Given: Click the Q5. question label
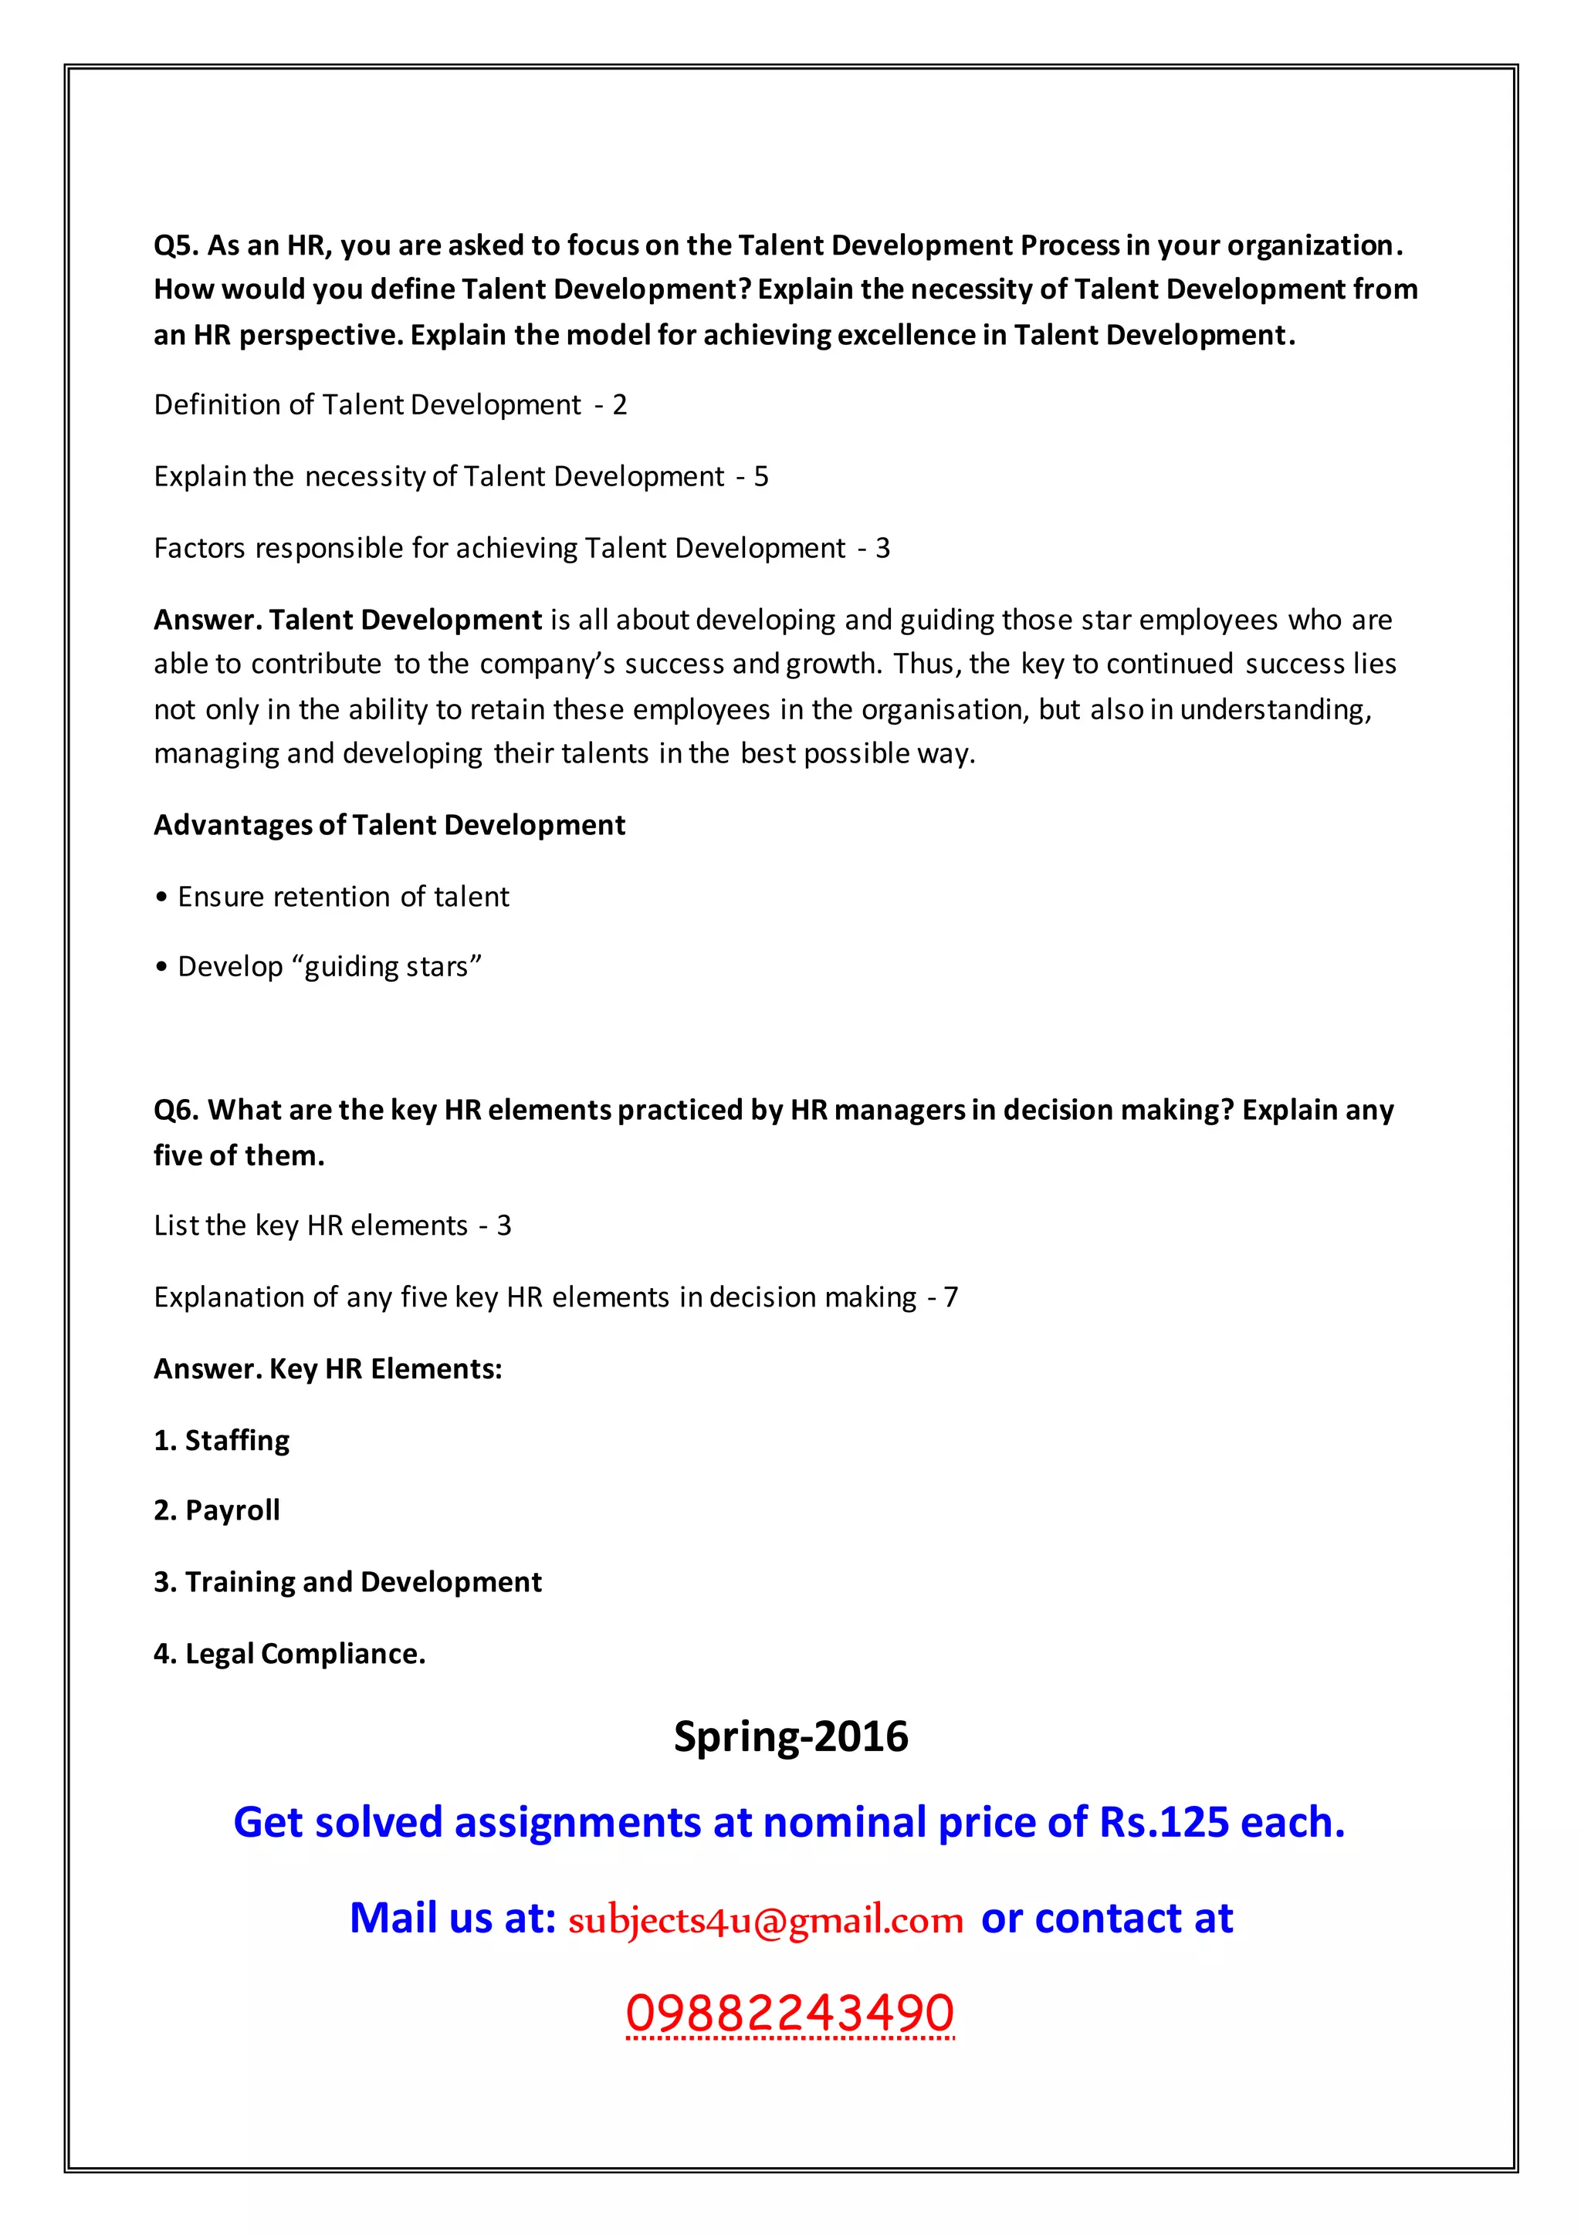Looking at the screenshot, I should (x=176, y=245).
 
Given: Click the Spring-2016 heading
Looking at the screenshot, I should (x=790, y=1737).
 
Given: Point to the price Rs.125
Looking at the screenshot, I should (x=1164, y=1823).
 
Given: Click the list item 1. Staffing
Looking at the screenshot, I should (x=222, y=1441).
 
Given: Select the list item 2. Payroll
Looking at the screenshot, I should (x=217, y=1511).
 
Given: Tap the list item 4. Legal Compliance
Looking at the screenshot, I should (x=290, y=1654).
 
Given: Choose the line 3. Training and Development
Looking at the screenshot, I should (x=347, y=1583).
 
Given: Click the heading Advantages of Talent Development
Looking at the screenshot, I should (x=389, y=826).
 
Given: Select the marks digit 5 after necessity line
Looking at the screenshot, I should (x=761, y=477).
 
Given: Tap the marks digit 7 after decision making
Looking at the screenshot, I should (x=951, y=1297).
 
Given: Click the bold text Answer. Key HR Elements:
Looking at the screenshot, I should (x=328, y=1370).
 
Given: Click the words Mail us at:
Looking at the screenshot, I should (x=452, y=1919).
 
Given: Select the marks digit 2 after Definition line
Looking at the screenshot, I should (x=620, y=405).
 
